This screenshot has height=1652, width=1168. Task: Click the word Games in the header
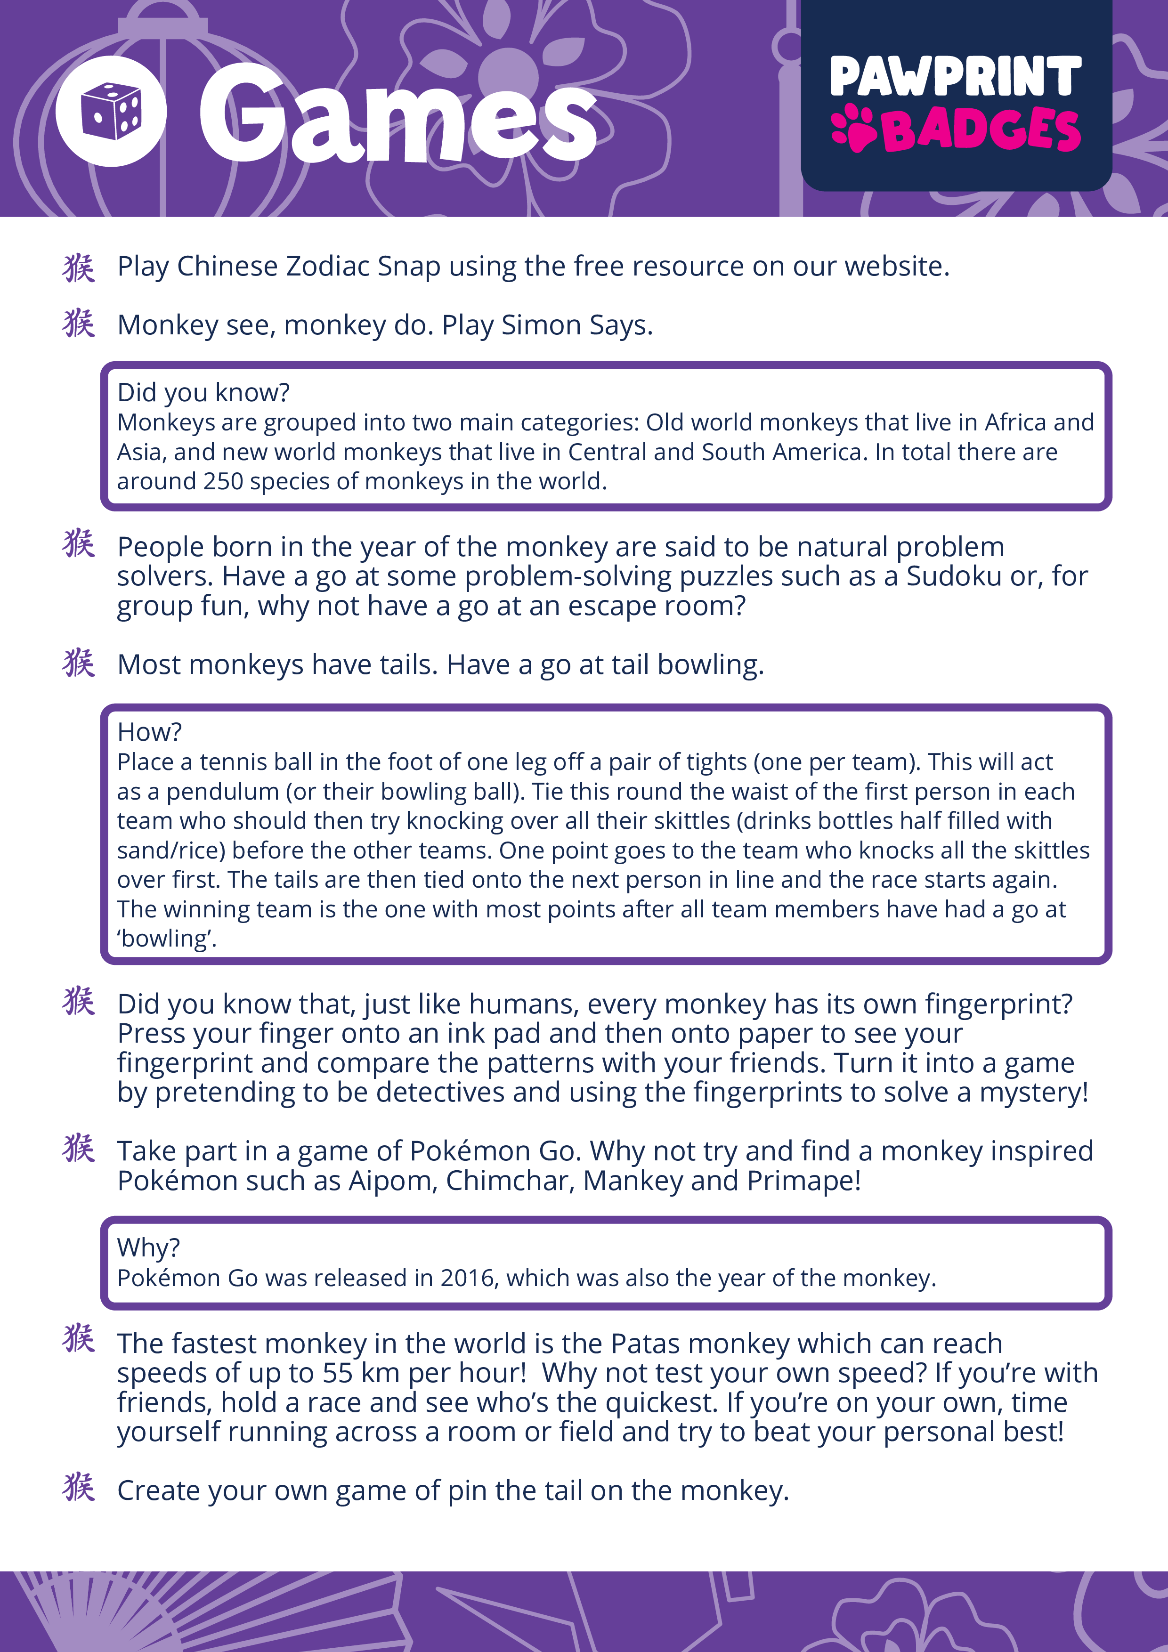397,115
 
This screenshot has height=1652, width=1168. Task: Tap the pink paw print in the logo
853,129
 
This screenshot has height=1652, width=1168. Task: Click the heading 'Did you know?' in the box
203,392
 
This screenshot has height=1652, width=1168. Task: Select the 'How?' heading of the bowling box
150,732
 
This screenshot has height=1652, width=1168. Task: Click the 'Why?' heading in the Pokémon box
149,1247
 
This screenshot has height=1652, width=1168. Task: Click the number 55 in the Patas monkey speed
338,1373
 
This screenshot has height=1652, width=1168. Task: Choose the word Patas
645,1344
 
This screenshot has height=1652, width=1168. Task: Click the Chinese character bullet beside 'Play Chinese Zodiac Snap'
79,267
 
